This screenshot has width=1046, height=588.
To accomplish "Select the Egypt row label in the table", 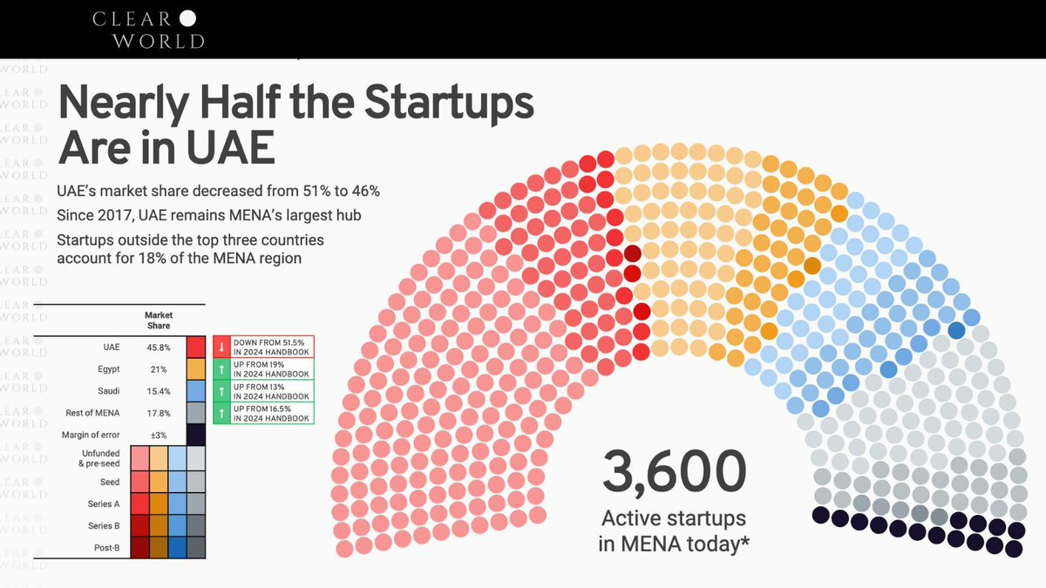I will [x=109, y=369].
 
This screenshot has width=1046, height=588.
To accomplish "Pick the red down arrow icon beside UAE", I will [x=221, y=347].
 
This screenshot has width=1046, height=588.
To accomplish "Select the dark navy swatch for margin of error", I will [x=196, y=435].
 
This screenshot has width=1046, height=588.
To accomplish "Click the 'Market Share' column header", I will [x=158, y=320].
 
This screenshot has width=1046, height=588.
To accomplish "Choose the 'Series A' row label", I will [x=103, y=504].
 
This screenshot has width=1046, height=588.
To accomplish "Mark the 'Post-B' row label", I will [x=105, y=547].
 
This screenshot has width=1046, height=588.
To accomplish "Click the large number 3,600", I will [x=674, y=471].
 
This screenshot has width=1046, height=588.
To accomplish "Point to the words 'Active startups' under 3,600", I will [x=673, y=518].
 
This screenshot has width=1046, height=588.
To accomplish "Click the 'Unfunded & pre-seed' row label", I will [x=98, y=458].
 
